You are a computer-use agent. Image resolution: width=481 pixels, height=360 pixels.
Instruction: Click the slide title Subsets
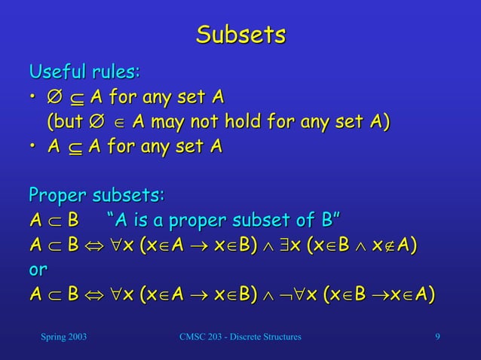240,35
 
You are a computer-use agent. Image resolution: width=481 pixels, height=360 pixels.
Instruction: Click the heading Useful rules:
84,73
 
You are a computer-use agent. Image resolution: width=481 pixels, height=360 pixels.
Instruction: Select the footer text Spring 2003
63,335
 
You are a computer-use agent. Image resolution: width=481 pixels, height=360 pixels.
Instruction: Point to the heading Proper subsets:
97,196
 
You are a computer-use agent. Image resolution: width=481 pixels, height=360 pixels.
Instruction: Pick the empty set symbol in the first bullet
54,98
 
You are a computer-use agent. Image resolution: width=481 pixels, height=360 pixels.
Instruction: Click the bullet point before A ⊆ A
34,147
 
